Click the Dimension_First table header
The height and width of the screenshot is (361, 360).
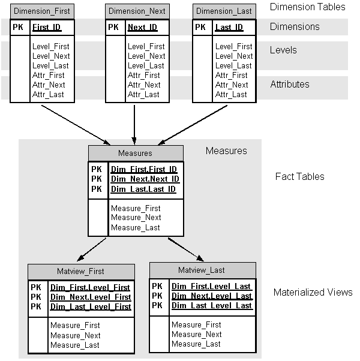click(41, 11)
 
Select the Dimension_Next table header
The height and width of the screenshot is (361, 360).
click(136, 11)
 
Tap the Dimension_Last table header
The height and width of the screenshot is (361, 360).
click(223, 11)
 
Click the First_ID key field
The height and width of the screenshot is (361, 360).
click(47, 28)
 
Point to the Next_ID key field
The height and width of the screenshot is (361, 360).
click(142, 28)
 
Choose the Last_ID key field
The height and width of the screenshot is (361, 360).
click(229, 28)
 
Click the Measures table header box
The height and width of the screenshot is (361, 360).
click(136, 154)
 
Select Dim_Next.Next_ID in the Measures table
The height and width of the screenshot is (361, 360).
click(144, 179)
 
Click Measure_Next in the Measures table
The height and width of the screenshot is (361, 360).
click(136, 218)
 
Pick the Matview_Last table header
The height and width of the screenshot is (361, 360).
click(202, 270)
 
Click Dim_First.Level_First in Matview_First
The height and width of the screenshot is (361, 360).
click(90, 288)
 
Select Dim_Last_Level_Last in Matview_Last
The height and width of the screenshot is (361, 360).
click(211, 306)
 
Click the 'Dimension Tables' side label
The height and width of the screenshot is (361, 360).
click(307, 7)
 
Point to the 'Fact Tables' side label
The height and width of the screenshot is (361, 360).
click(299, 176)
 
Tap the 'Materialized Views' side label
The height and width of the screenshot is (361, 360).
click(313, 293)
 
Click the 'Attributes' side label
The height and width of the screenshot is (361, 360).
click(290, 85)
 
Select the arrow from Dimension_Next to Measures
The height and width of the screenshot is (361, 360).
click(134, 123)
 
